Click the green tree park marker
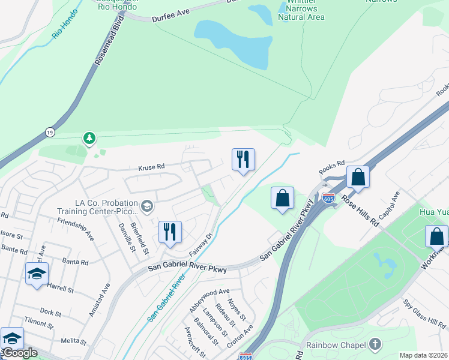[x=89, y=139]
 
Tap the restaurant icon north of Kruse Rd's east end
[x=243, y=160]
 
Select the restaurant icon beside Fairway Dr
[x=170, y=232]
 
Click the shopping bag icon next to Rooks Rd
[x=358, y=178]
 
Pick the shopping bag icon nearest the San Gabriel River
[x=282, y=199]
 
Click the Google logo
[x=19, y=352]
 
